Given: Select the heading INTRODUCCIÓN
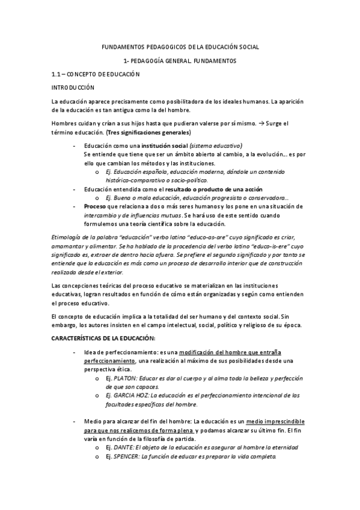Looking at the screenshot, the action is (74, 88).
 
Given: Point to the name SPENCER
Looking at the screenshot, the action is (126, 456).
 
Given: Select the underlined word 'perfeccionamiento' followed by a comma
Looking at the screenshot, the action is (110, 360).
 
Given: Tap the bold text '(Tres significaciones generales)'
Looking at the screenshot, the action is (149, 132).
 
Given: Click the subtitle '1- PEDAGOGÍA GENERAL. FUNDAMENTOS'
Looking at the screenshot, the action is (180, 61).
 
